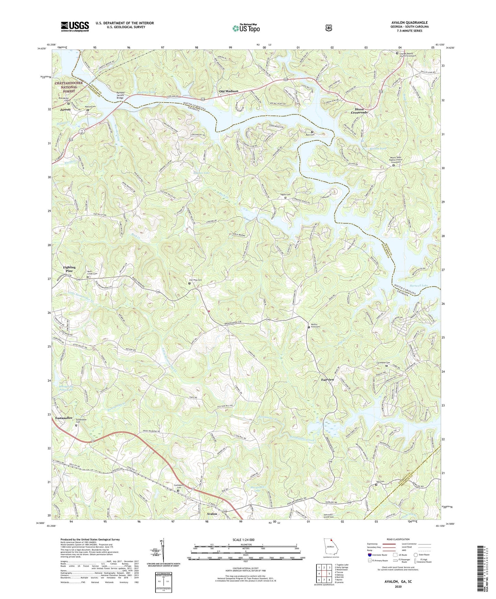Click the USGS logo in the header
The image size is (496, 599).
tap(75, 26)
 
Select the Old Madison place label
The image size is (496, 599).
tap(229, 91)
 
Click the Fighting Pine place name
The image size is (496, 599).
tap(69, 269)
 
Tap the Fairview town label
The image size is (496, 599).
tap(327, 380)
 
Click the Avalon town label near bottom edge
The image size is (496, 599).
tap(212, 514)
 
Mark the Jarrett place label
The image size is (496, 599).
tap(65, 109)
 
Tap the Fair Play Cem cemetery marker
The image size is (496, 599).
tap(189, 283)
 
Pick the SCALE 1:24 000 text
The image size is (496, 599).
tap(246, 540)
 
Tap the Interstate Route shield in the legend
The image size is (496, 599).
tap(369, 554)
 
